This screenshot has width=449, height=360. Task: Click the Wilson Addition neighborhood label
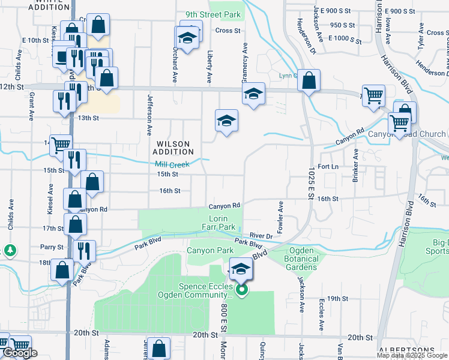pos(174,148)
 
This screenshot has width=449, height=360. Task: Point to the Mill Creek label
pos(172,164)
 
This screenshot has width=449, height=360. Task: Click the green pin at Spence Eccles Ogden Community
pos(241,291)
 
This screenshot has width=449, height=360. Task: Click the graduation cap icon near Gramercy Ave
pos(253,94)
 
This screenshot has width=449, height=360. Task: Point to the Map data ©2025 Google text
pos(412,355)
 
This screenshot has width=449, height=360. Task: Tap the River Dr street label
pos(261,236)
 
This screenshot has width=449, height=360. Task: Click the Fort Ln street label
pos(328,166)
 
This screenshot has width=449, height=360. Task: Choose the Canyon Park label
pos(209,250)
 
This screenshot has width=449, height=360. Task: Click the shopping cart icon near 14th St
pos(61,144)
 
